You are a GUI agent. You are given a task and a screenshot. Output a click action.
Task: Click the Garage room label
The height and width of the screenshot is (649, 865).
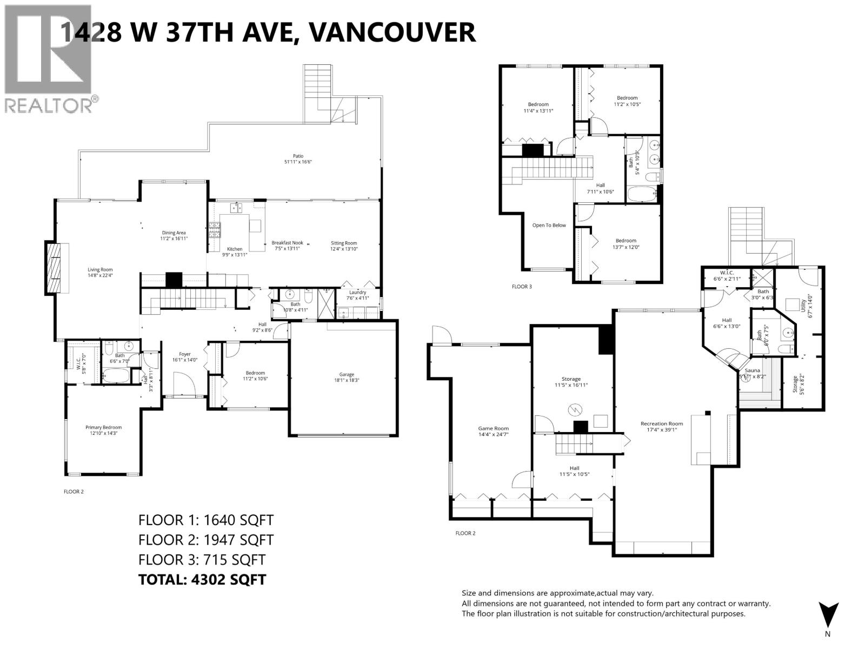click(347, 374)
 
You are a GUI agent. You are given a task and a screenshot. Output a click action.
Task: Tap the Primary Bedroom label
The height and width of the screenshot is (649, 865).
click(104, 427)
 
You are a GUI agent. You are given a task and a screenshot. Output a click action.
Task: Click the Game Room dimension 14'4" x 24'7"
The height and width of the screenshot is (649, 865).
click(493, 434)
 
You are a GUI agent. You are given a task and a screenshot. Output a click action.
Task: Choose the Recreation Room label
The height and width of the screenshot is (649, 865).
click(661, 423)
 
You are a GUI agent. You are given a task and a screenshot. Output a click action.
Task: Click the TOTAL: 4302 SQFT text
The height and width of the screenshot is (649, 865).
click(202, 579)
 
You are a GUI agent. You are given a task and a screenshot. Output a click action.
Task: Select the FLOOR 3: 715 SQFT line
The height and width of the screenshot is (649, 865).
click(202, 559)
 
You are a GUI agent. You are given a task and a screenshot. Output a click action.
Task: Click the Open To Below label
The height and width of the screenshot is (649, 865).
click(549, 225)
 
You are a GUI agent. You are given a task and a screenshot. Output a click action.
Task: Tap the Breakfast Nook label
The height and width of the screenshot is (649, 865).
click(287, 243)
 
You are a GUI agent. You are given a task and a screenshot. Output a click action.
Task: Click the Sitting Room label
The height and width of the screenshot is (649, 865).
click(344, 243)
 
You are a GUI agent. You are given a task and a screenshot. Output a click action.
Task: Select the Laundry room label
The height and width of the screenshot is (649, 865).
click(357, 293)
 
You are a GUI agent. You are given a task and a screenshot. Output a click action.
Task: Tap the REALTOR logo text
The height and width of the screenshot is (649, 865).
click(49, 105)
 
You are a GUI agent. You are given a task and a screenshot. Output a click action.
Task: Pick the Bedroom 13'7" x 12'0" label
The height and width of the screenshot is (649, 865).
click(626, 241)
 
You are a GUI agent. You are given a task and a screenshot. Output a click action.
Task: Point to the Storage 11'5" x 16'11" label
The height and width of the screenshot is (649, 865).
click(571, 379)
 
